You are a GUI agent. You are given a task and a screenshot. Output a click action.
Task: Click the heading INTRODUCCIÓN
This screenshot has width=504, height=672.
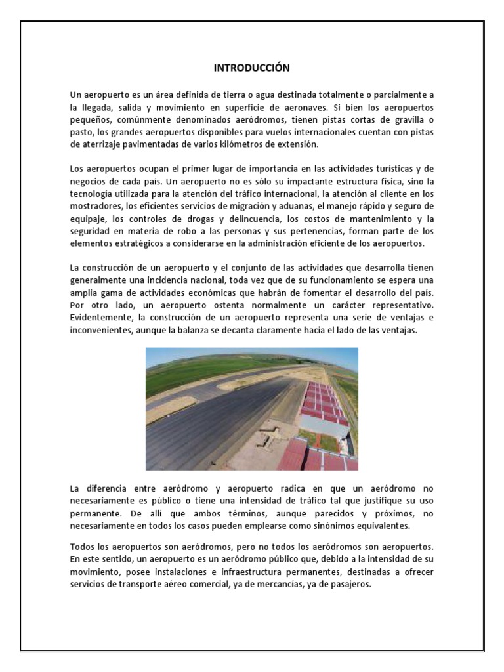point(252,68)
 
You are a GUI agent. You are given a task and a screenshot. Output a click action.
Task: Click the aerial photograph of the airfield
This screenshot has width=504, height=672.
point(252,409)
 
